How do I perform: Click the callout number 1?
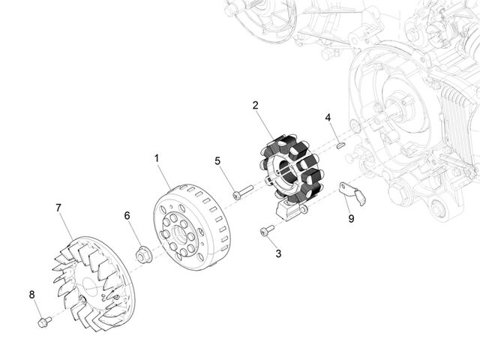click(x=157, y=158)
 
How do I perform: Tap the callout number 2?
click(x=255, y=105)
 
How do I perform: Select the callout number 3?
click(x=278, y=253)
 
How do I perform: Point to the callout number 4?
click(x=328, y=118)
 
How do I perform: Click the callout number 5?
click(x=217, y=160)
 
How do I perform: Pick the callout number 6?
click(x=127, y=215)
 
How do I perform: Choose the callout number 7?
click(x=58, y=208)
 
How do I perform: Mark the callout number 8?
click(x=31, y=295)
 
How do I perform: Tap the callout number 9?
click(x=351, y=218)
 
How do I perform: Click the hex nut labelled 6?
click(x=143, y=254)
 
